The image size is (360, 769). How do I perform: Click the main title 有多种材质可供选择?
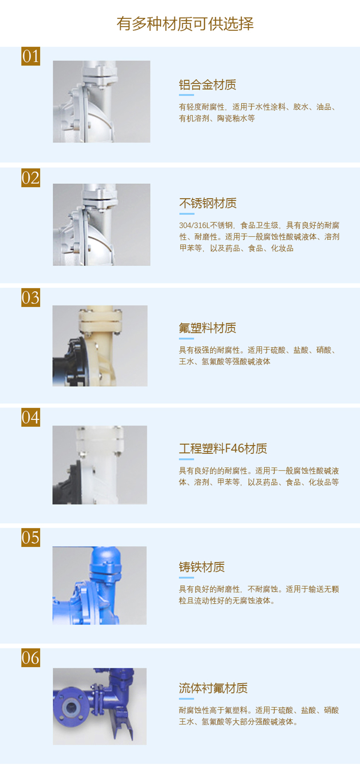click(185, 24)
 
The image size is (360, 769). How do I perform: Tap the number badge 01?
click(31, 56)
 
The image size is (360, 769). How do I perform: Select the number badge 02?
click(31, 178)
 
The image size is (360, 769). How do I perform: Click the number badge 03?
click(31, 298)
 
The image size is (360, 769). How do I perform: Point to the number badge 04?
click(31, 417)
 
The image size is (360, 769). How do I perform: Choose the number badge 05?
click(31, 538)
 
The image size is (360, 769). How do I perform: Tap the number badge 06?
click(31, 658)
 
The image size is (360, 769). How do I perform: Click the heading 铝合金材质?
click(207, 85)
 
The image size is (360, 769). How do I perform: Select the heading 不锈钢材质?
click(208, 203)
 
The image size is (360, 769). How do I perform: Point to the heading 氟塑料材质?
click(207, 328)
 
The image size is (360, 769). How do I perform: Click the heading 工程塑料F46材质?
click(223, 448)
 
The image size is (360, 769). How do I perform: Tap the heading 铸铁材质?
click(201, 567)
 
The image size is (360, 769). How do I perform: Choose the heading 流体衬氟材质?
click(213, 688)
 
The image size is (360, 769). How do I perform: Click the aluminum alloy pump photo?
click(101, 101)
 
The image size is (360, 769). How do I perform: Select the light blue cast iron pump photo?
click(100, 585)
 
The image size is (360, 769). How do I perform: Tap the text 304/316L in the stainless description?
click(194, 225)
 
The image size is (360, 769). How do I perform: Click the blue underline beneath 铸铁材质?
click(186, 577)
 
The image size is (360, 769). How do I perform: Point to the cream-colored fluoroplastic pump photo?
click(100, 346)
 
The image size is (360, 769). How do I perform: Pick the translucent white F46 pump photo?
click(100, 465)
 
